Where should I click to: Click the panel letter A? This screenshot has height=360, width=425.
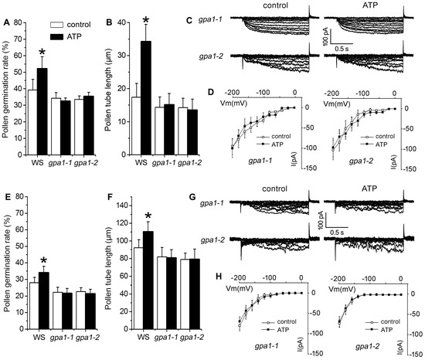(6, 10)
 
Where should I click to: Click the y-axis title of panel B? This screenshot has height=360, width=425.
(107, 87)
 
